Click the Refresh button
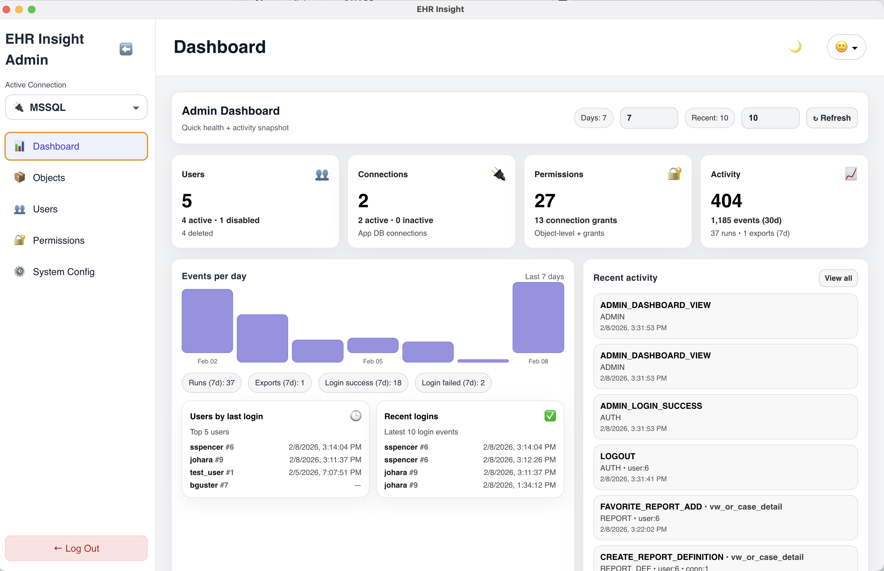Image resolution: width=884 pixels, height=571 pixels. (831, 118)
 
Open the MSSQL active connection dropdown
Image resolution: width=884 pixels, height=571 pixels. (76, 107)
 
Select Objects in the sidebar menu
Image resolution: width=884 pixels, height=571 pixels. (48, 177)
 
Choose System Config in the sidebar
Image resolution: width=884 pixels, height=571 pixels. (63, 272)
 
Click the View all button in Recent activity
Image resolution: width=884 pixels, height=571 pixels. (838, 278)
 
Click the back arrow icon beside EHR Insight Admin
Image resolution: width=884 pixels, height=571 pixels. (126, 49)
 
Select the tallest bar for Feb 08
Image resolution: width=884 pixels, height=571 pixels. (538, 318)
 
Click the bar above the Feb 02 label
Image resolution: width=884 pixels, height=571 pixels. (207, 321)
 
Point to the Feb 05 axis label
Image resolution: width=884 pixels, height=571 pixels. (372, 361)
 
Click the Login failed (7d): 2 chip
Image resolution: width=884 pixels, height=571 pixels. (453, 383)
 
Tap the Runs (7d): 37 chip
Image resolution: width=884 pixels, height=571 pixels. (212, 383)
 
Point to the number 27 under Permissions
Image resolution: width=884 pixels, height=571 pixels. (544, 201)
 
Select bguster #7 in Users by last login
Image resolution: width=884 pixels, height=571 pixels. (209, 485)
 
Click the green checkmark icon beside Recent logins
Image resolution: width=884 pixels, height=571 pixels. (550, 416)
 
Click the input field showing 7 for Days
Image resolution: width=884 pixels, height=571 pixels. (648, 118)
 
